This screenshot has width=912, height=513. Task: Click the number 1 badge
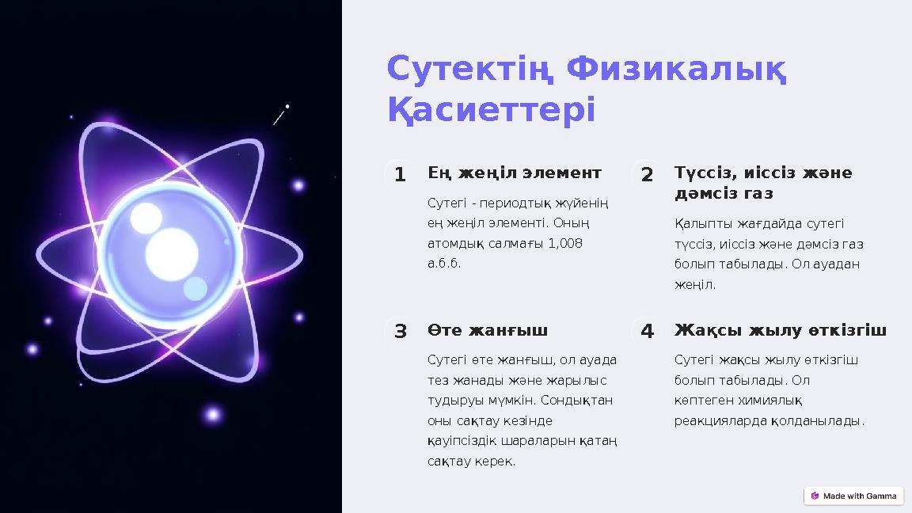coord(400,174)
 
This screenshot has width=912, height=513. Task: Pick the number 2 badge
coord(647,174)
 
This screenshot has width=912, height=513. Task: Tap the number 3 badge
coord(400,331)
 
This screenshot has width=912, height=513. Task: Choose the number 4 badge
coord(647,331)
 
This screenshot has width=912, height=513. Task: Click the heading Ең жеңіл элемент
coord(515,173)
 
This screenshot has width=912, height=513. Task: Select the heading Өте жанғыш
coord(488,329)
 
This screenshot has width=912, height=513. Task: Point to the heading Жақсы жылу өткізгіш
coord(780,329)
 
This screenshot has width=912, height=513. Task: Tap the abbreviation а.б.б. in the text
coord(444,263)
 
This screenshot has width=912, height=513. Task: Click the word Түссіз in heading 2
coord(701,173)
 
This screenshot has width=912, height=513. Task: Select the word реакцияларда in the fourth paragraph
coord(720,420)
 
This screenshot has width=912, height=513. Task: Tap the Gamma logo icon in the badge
coord(815,496)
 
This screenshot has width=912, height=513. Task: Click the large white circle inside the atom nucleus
coord(172,250)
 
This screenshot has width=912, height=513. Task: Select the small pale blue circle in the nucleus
coord(195,288)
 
